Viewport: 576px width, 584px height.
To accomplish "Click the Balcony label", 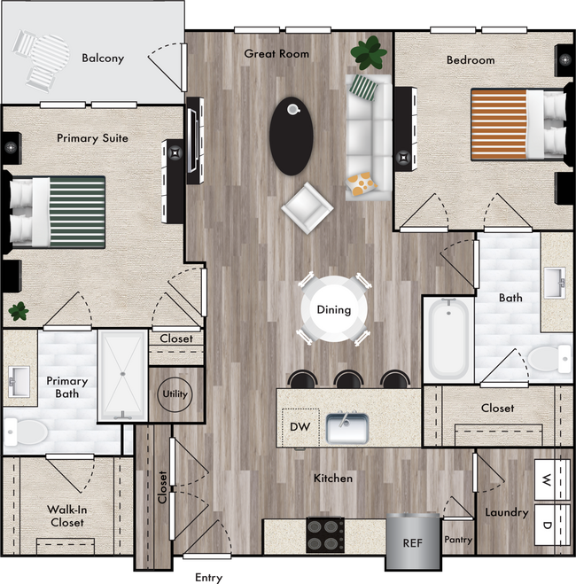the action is click(103, 58).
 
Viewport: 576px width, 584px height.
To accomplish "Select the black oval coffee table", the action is click(292, 136).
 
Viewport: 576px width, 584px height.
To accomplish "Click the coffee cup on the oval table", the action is click(293, 109).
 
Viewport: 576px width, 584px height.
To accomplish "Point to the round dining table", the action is click(334, 309).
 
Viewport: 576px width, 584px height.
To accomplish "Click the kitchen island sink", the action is click(347, 428).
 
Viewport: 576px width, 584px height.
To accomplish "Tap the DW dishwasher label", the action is click(300, 427).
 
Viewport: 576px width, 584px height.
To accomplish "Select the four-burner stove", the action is click(324, 535).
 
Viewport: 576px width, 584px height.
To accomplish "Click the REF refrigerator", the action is click(413, 542).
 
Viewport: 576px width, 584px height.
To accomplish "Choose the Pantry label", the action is click(458, 540).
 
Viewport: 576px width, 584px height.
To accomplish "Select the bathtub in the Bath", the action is click(448, 339).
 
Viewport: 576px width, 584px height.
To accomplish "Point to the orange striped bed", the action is click(518, 124).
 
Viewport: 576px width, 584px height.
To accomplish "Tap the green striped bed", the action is click(58, 213).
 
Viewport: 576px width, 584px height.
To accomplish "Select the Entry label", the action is click(208, 578).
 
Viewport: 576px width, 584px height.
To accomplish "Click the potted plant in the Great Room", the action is click(369, 53).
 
